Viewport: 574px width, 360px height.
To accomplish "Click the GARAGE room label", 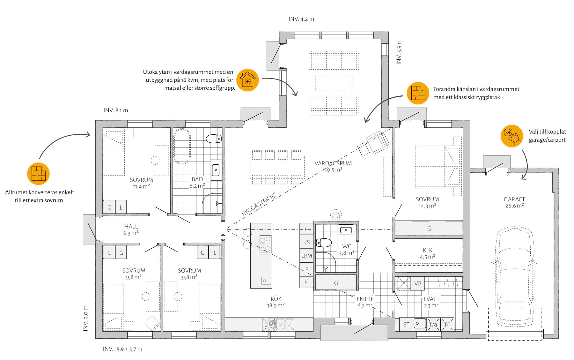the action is [514, 199].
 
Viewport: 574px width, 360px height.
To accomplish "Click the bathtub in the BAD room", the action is [182, 146].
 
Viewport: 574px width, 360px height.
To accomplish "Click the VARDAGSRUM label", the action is [333, 163].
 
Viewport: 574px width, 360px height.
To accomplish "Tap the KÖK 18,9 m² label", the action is [276, 302].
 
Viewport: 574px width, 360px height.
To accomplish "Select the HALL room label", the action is [131, 226].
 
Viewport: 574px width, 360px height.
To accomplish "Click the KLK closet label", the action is [428, 250].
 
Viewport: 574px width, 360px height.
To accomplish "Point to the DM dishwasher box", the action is [269, 325].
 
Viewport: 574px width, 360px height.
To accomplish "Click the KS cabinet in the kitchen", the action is [306, 242].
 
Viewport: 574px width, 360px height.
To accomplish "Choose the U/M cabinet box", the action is [306, 256].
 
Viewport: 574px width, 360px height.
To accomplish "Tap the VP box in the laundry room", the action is [418, 283].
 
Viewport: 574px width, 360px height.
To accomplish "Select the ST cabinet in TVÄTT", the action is [406, 325].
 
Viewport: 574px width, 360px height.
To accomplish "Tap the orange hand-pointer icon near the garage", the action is [512, 136].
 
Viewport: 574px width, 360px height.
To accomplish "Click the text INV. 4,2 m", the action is [301, 19].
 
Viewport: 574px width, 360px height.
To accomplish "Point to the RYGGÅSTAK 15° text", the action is [259, 205].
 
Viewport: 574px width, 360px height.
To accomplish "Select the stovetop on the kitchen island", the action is [265, 244].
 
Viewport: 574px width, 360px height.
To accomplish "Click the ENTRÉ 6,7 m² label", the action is [365, 302].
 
